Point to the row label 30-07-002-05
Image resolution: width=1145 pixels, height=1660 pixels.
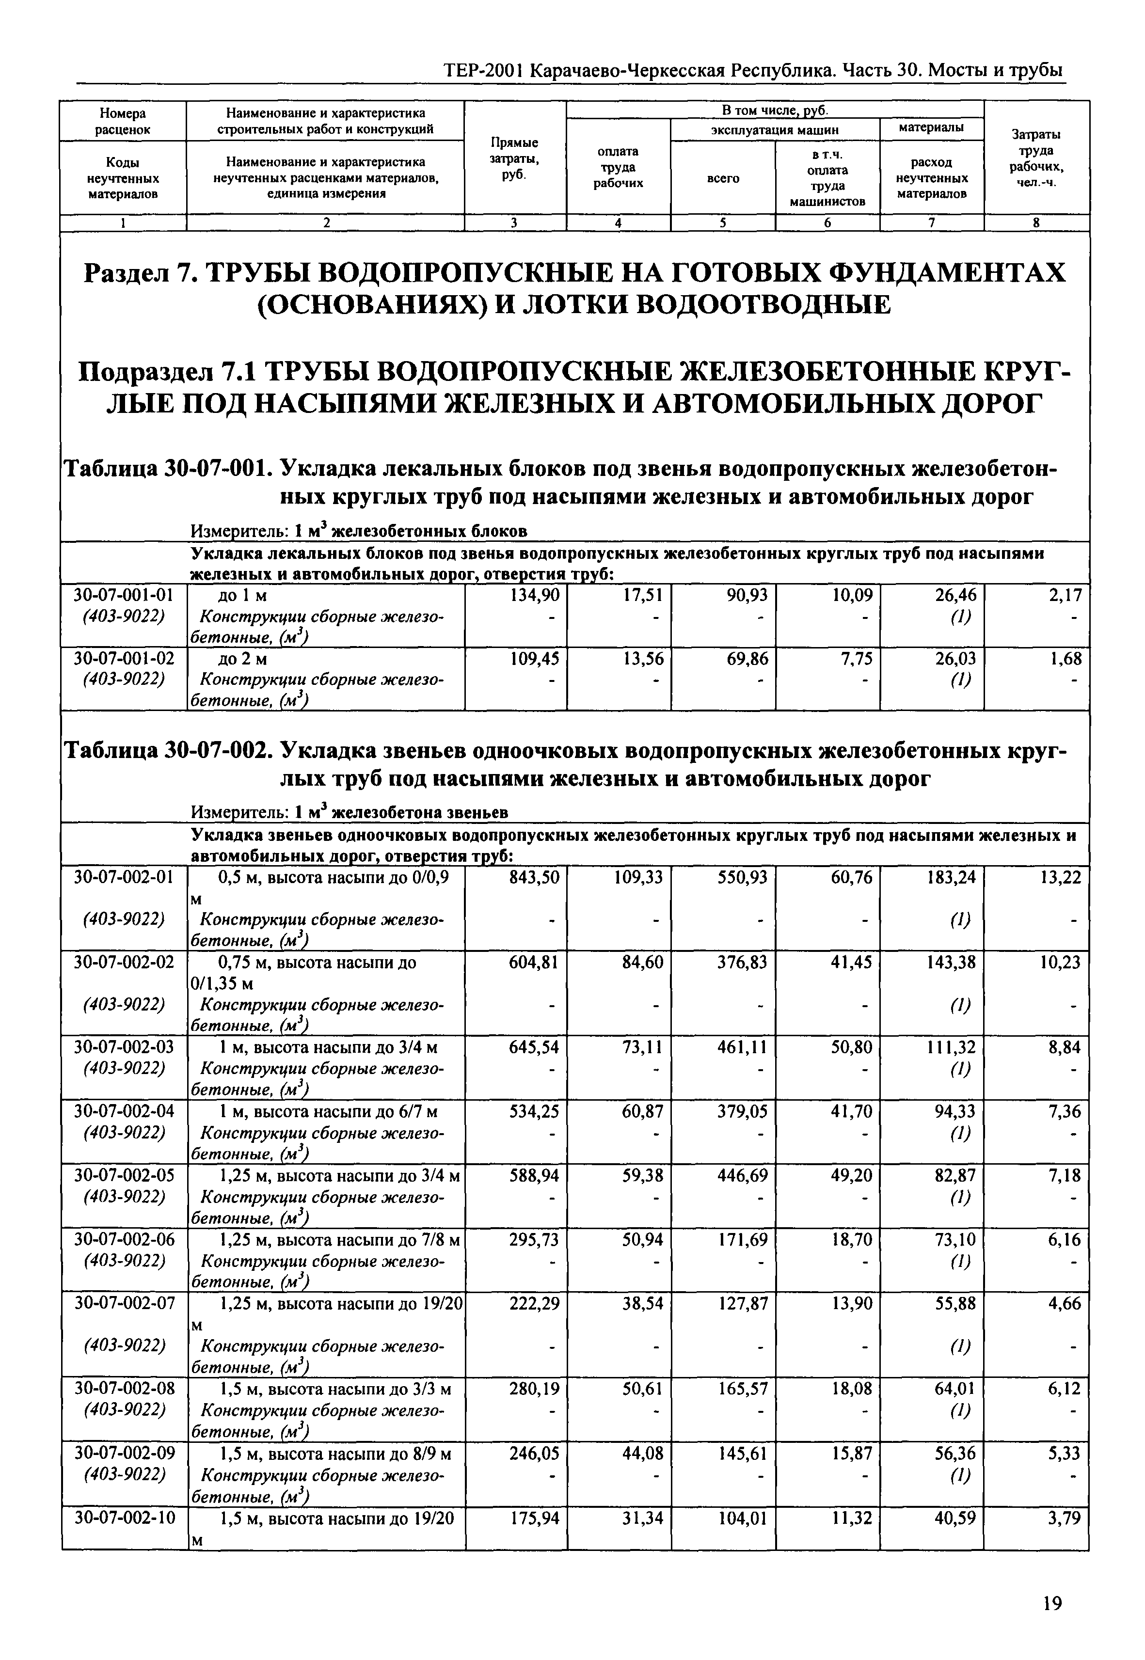click(124, 1175)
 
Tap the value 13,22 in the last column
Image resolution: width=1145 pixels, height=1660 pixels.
click(1060, 877)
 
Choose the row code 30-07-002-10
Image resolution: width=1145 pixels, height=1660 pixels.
click(124, 1518)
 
